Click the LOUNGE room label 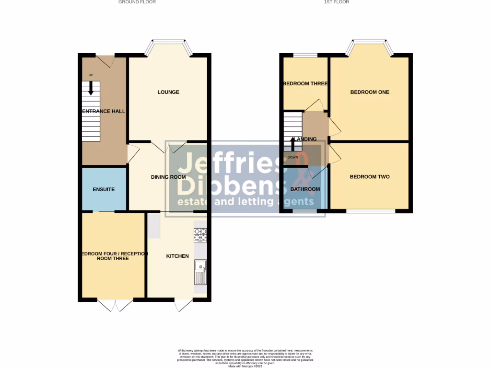(168, 92)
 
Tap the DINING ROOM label (168, 177)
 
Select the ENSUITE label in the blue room (104, 189)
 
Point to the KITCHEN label (177, 256)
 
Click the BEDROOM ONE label (370, 92)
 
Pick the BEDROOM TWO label (370, 177)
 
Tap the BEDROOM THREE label (305, 83)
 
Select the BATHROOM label (305, 189)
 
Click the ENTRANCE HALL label (104, 111)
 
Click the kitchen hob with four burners (200, 234)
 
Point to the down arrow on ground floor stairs (91, 88)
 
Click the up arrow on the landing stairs (293, 143)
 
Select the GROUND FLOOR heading (137, 2)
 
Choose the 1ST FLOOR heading (337, 2)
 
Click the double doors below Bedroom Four (115, 305)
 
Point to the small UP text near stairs (91, 75)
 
